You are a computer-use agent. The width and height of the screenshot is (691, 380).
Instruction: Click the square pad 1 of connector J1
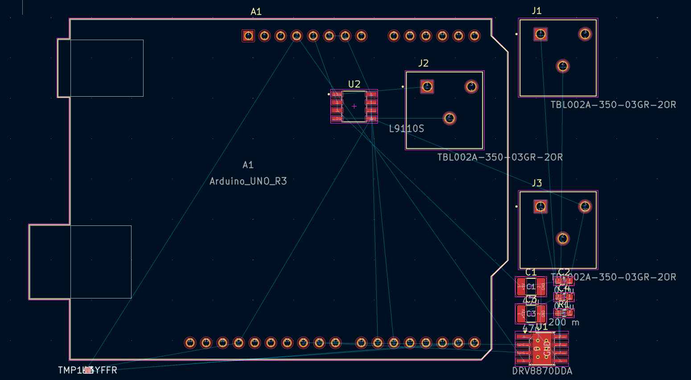click(540, 34)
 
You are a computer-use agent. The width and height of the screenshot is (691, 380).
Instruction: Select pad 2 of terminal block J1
click(563, 66)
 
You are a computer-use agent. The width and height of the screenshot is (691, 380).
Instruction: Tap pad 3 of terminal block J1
click(585, 34)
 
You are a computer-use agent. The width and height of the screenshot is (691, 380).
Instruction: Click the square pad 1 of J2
click(427, 86)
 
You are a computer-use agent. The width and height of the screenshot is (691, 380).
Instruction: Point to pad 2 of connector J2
click(449, 118)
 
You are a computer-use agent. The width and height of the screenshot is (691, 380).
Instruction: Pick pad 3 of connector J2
click(471, 86)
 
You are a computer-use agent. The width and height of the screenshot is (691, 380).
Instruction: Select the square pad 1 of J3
click(540, 206)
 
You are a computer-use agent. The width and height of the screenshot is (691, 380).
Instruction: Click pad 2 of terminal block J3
click(563, 238)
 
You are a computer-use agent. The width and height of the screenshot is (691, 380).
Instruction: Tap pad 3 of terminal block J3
click(585, 206)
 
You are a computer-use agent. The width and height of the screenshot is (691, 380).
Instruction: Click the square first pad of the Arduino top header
click(248, 36)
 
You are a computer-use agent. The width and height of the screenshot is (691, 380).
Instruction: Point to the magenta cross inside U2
click(354, 106)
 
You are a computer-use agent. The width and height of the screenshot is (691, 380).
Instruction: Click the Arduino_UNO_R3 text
click(248, 181)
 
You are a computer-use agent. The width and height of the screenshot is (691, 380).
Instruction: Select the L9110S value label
click(406, 129)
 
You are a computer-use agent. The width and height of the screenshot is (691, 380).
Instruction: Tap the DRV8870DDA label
click(542, 371)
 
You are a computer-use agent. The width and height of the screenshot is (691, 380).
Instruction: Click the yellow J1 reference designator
click(536, 11)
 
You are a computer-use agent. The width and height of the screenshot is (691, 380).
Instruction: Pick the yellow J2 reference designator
click(423, 63)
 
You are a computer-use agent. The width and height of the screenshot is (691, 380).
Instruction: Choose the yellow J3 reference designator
click(536, 183)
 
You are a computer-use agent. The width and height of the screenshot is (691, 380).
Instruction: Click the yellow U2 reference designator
click(354, 84)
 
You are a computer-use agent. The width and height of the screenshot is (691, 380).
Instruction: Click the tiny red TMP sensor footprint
click(88, 370)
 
